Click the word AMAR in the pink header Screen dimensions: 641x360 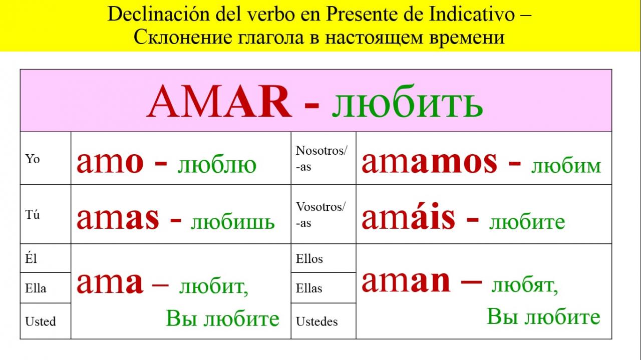click(x=219, y=101)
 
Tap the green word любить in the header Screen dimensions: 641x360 click(x=408, y=101)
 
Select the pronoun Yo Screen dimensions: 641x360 click(x=33, y=159)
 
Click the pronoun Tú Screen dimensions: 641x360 click(x=33, y=214)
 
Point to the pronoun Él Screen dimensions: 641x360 click(x=31, y=258)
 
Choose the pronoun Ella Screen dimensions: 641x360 click(x=36, y=288)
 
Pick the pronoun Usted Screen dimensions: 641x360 click(x=41, y=321)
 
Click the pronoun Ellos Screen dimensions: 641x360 click(x=309, y=259)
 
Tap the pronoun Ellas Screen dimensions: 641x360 click(x=309, y=288)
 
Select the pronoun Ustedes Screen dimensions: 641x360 click(x=317, y=321)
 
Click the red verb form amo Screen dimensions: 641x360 click(x=110, y=162)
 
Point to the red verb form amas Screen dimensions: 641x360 click(x=118, y=218)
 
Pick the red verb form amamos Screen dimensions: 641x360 click(x=430, y=162)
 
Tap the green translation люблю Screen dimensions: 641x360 click(x=217, y=165)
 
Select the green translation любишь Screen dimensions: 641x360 click(x=233, y=222)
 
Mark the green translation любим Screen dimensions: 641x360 click(x=566, y=166)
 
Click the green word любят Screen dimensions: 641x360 click(x=525, y=285)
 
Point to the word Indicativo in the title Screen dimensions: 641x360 click(x=472, y=15)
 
